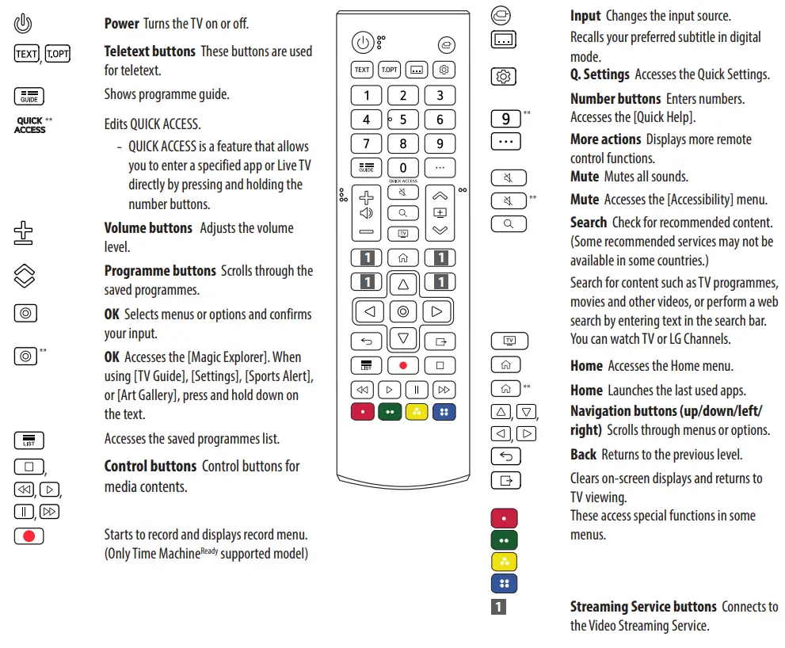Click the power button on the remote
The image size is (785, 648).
point(362,43)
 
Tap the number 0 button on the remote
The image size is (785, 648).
point(403,168)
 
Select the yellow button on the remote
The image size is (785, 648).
point(417,412)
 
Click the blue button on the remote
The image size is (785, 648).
point(444,412)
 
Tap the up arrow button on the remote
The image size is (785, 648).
point(403,284)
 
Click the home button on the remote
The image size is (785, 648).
point(403,257)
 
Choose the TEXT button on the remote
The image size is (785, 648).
point(362,70)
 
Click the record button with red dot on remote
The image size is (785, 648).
point(403,366)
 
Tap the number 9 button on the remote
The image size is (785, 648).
point(440,144)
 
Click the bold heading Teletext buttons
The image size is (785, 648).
point(150,51)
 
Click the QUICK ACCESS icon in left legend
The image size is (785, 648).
point(30,126)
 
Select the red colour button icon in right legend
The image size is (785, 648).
point(505,519)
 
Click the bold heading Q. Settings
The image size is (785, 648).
point(600,74)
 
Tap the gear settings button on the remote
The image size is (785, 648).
point(444,70)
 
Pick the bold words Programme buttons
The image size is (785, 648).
point(160,271)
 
